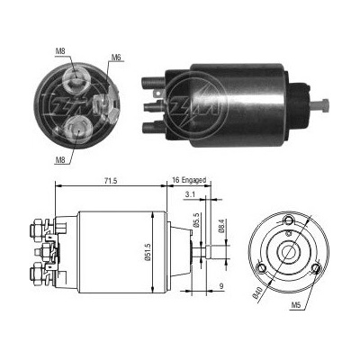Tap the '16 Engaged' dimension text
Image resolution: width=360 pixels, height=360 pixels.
189,180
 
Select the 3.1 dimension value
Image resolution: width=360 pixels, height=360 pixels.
190,194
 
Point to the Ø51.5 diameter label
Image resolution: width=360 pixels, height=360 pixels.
148,251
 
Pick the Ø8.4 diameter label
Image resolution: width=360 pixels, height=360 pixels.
221,226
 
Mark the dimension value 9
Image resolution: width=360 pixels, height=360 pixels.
221,286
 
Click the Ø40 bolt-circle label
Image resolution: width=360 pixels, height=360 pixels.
257,292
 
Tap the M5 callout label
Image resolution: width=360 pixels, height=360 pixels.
296,305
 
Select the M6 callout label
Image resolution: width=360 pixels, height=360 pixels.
116,58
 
